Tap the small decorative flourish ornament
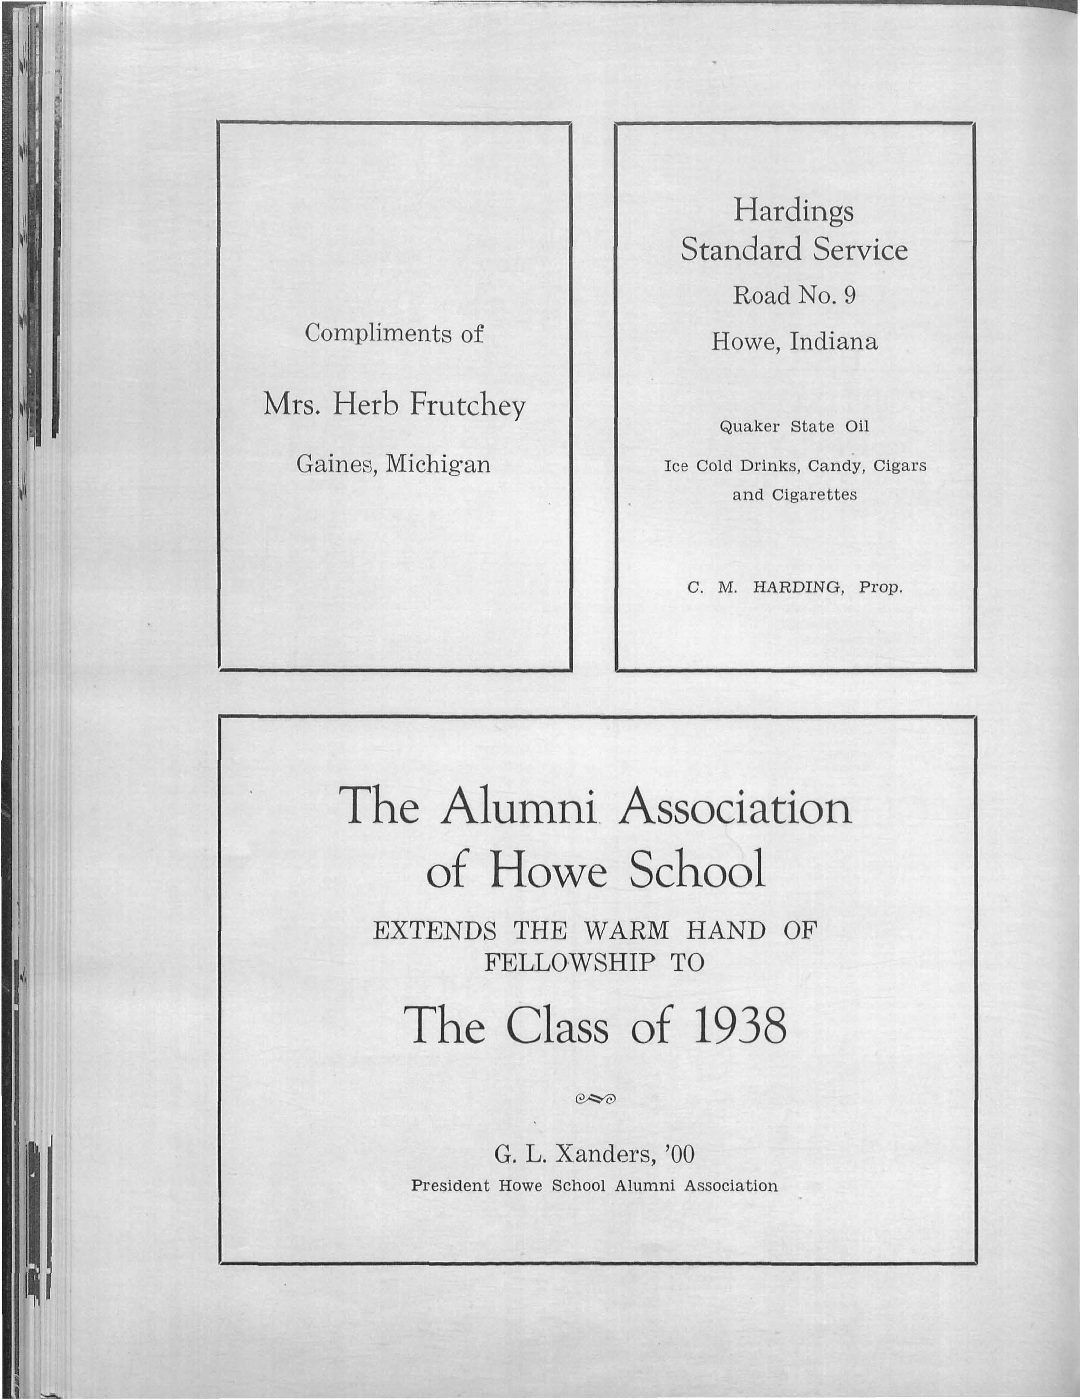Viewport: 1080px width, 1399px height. pos(596,1100)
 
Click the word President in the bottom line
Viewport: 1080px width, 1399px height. pos(451,1186)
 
